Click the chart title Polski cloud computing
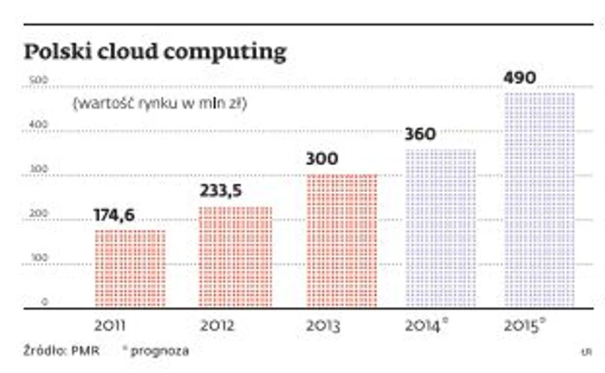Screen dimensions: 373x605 pyautogui.click(x=156, y=53)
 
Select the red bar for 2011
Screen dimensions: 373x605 pyautogui.click(x=130, y=269)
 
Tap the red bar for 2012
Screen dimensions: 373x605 pyautogui.click(x=235, y=257)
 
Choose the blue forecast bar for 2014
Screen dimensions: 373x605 pyautogui.click(x=440, y=228)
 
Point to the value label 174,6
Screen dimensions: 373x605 pyautogui.click(x=114, y=215)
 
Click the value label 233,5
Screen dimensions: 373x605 pyautogui.click(x=220, y=191)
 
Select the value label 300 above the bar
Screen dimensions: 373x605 pyautogui.click(x=322, y=159)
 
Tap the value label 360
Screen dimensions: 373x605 pyautogui.click(x=420, y=134)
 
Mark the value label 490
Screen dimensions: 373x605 pyautogui.click(x=520, y=78)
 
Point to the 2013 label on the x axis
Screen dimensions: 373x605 pyautogui.click(x=323, y=326)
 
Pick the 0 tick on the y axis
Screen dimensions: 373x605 pyautogui.click(x=44, y=302)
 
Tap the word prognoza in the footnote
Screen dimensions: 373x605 pyautogui.click(x=165, y=350)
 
